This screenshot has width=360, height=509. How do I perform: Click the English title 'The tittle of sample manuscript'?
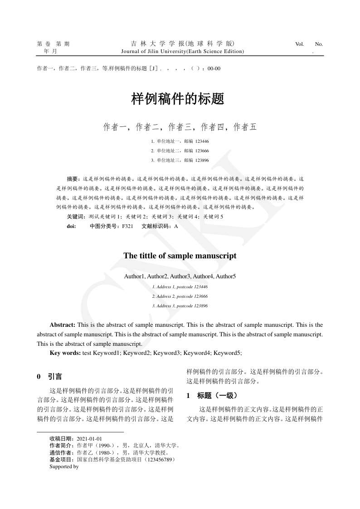point(180,256)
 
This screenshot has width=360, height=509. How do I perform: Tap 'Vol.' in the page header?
point(299,44)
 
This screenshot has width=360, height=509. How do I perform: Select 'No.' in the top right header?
point(319,44)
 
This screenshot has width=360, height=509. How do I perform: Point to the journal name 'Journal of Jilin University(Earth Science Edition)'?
point(183,51)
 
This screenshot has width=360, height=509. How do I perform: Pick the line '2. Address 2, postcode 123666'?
point(180,296)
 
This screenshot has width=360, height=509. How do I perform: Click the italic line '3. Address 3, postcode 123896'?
point(180,306)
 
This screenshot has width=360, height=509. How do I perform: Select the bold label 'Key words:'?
point(65,352)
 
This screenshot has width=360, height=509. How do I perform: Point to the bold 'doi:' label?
point(71,226)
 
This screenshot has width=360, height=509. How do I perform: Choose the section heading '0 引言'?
point(49,377)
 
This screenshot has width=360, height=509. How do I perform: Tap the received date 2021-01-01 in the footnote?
point(89,439)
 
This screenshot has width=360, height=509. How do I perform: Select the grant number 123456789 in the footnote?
point(158,460)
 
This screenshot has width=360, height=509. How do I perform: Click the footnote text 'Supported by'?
point(64,466)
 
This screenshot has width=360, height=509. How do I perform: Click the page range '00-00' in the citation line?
point(214,68)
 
